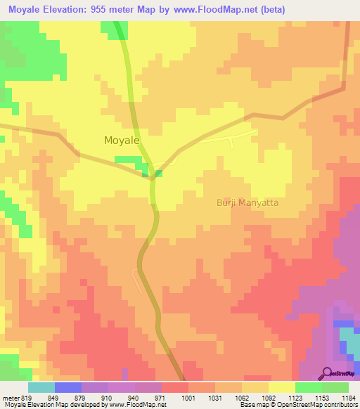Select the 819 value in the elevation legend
(27, 398)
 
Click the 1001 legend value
(188, 398)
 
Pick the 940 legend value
(134, 398)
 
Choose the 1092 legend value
(268, 398)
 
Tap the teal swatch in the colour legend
(41, 387)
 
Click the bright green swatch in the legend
(309, 387)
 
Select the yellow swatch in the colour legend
(282, 387)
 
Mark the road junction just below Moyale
(153, 178)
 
